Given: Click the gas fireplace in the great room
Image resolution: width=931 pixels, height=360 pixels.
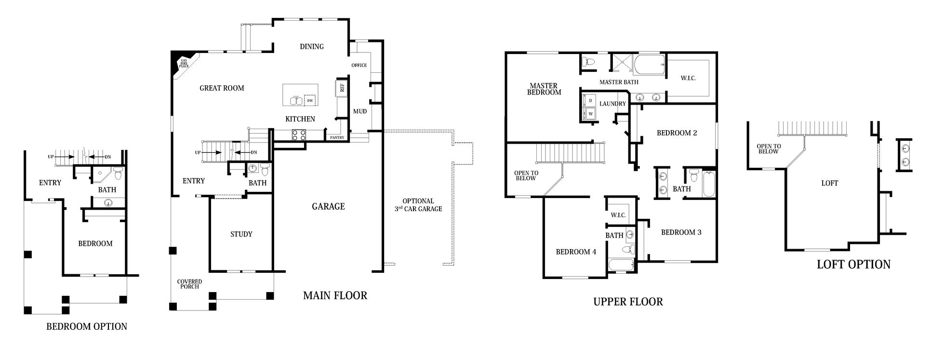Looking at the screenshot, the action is pyautogui.click(x=182, y=62).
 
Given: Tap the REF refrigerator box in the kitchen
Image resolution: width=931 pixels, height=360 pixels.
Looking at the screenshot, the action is pyautogui.click(x=342, y=88).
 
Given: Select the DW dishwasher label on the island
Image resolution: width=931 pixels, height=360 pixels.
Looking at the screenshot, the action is pyautogui.click(x=310, y=100).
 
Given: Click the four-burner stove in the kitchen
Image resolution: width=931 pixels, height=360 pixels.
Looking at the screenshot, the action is pyautogui.click(x=299, y=135).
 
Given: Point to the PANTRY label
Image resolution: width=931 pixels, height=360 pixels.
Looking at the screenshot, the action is pyautogui.click(x=337, y=138).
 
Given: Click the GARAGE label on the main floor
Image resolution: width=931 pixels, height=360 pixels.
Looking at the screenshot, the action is pyautogui.click(x=328, y=206).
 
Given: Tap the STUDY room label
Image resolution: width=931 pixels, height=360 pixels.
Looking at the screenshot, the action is pyautogui.click(x=241, y=234).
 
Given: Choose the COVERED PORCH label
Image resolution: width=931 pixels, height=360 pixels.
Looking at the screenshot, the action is pyautogui.click(x=189, y=284).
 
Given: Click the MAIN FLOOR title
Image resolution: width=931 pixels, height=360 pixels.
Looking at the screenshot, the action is pyautogui.click(x=335, y=295).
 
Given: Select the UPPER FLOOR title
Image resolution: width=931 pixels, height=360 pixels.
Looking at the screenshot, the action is pyautogui.click(x=628, y=302).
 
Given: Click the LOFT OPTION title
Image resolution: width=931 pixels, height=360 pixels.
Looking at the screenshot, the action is pyautogui.click(x=853, y=264).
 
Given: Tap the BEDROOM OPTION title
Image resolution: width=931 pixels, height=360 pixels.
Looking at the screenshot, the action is pyautogui.click(x=87, y=326).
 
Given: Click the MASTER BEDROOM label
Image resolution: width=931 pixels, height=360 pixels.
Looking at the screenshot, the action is pyautogui.click(x=544, y=89).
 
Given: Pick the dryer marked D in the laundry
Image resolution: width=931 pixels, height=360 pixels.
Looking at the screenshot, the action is pyautogui.click(x=590, y=100).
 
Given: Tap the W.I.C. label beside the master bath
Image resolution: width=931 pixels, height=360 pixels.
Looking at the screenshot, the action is pyautogui.click(x=688, y=78).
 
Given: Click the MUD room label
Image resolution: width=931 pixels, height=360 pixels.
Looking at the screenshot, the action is pyautogui.click(x=360, y=111).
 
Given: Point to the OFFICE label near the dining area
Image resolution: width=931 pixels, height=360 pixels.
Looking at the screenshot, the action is pyautogui.click(x=359, y=66).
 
